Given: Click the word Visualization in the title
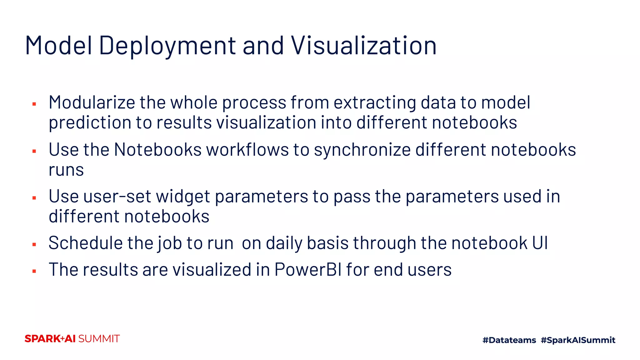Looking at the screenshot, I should coord(364,46).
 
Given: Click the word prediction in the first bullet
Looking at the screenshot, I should coord(90,122).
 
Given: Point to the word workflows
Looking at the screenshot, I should coord(247,149).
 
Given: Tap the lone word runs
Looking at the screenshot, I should coord(66,170).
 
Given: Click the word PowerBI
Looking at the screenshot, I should coord(308,269).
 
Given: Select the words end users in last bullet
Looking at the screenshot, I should coord(412,269).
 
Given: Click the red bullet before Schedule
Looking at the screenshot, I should coord(34,244).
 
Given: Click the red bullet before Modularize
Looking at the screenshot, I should coord(34,104).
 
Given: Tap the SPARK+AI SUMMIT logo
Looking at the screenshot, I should coord(72,339).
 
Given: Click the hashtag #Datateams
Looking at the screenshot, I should coord(509,340).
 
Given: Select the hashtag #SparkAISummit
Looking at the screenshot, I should coord(578,340).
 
